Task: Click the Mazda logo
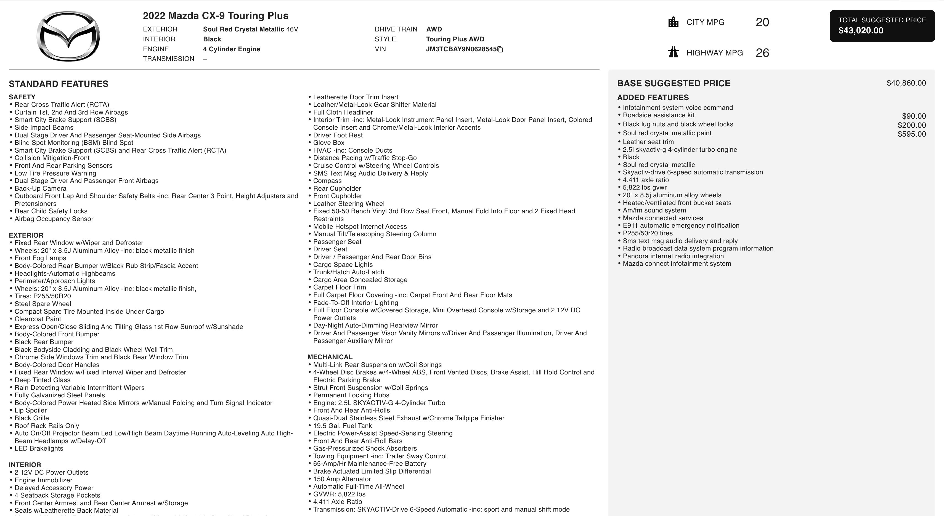tap(68, 36)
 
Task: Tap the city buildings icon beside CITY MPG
tap(673, 22)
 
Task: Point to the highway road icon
tap(673, 52)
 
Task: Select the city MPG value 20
tap(762, 22)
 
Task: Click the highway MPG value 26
tap(762, 53)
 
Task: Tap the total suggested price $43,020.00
tap(861, 30)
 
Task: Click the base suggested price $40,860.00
tap(906, 83)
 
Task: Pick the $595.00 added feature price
tap(911, 134)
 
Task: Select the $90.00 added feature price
tap(914, 116)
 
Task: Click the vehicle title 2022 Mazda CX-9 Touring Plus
tap(216, 16)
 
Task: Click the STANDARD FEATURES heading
tap(59, 84)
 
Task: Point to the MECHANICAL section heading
tap(330, 357)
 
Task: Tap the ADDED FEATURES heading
tap(653, 97)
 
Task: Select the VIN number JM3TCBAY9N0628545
tap(461, 49)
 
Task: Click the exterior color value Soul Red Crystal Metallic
tap(243, 29)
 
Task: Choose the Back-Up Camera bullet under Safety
tap(40, 188)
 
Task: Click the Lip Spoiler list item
tap(30, 410)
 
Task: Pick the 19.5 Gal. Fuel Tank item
tap(342, 425)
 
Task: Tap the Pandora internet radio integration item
tap(673, 256)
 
